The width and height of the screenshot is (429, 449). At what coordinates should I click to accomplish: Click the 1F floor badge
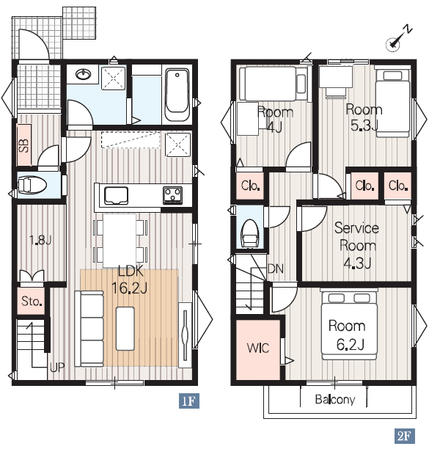[189, 401]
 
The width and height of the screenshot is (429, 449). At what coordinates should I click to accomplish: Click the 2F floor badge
[404, 436]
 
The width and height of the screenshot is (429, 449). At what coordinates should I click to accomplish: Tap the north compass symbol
[397, 40]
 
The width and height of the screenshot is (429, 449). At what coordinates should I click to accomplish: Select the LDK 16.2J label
[131, 280]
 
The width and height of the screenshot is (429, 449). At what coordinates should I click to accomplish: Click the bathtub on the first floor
[177, 95]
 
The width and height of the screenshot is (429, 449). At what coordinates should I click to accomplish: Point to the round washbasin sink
[84, 74]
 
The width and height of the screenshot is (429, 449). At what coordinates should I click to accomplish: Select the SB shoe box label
[23, 145]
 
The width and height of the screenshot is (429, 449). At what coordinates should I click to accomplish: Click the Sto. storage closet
[31, 302]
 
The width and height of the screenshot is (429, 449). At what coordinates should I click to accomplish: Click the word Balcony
[335, 399]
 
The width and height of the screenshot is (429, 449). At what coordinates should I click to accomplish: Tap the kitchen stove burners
[172, 195]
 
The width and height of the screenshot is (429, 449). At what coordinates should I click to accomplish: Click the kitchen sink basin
[116, 196]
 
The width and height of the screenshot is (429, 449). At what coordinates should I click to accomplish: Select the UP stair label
[57, 368]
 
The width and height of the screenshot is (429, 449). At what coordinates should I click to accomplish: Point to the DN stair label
[276, 269]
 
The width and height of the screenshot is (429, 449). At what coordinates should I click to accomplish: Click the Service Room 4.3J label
[357, 245]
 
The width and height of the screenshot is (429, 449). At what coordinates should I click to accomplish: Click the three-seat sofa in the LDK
[89, 329]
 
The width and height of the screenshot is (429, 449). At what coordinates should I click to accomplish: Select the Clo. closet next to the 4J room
[250, 186]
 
